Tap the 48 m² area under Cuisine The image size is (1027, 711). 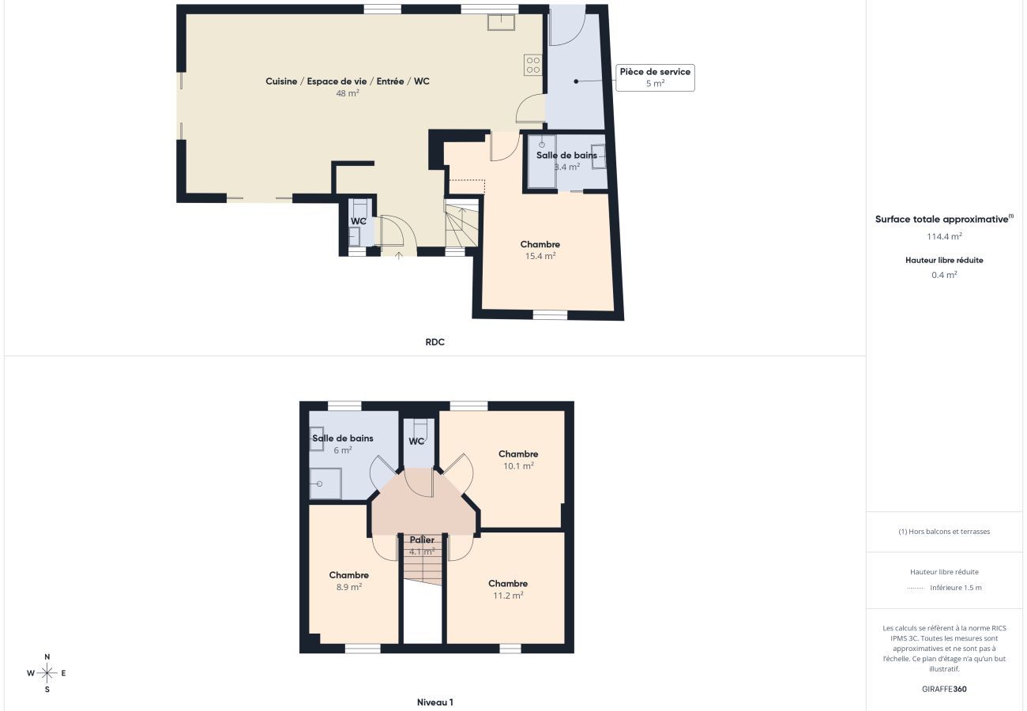348,93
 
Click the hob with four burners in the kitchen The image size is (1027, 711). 533,65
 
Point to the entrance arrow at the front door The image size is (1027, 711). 399,254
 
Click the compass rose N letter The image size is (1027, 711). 47,656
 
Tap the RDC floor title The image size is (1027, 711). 434,342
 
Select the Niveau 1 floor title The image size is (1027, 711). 434,702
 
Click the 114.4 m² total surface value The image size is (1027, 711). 944,236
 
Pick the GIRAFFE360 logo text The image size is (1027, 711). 944,689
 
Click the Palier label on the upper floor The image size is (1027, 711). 422,540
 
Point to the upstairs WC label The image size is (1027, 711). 416,442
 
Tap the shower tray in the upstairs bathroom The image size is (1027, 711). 325,483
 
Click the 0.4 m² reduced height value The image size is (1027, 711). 944,275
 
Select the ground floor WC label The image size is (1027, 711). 359,220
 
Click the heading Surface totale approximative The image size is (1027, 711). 942,220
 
